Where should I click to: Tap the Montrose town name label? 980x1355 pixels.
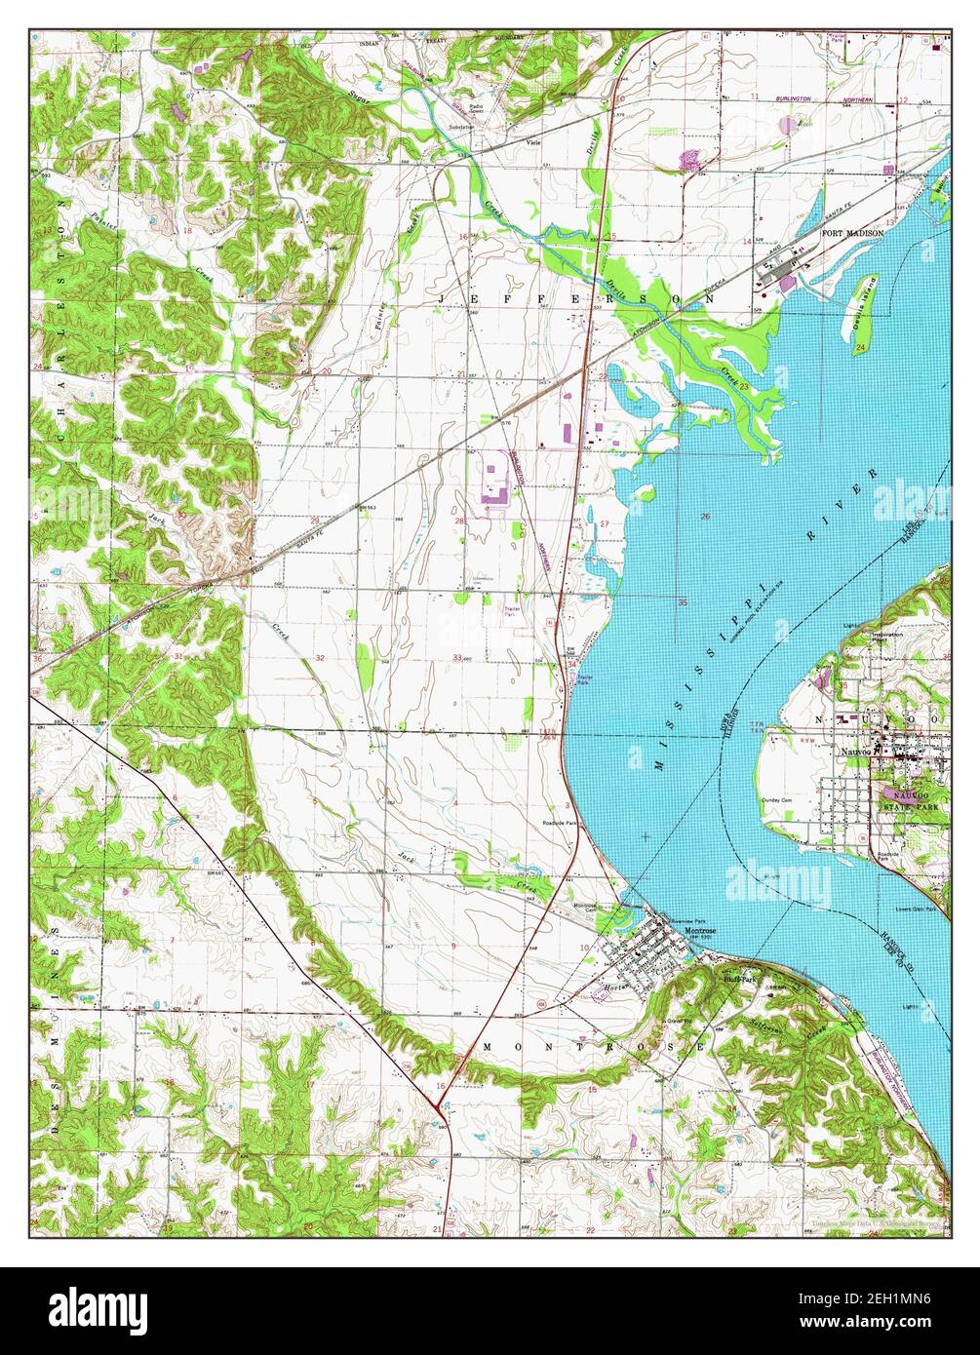coord(699,931)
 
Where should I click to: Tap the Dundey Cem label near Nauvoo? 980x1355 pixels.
coord(779,800)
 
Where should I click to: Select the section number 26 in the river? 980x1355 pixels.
coord(705,517)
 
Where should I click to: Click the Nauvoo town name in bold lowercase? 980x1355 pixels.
coord(857,753)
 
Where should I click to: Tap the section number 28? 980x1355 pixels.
coord(458,521)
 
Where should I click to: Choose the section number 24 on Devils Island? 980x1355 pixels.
coord(858,349)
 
